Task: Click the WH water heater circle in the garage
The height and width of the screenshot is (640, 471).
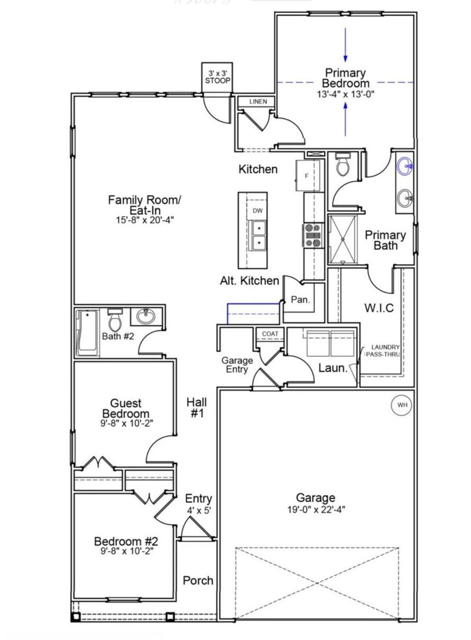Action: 402,405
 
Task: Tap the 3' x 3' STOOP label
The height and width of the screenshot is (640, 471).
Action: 218,77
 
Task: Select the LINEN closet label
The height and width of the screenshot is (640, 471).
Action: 258,102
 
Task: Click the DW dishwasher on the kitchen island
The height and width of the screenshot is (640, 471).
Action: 258,211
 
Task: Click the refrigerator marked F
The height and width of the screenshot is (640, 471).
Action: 307,176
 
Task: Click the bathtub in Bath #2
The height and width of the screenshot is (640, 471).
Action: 87,333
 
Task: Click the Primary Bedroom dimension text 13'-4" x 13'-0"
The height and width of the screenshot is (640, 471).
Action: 345,94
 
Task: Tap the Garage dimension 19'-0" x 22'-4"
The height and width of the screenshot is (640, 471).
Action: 315,509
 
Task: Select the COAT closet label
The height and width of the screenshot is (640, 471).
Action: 270,334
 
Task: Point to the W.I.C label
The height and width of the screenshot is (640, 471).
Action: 379,308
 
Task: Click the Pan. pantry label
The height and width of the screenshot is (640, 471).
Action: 300,300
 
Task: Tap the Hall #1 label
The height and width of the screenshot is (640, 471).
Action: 196,407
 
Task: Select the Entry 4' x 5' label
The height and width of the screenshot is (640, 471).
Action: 198,503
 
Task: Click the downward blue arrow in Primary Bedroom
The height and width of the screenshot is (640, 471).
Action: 345,46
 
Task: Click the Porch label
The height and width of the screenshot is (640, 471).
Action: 198,580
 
